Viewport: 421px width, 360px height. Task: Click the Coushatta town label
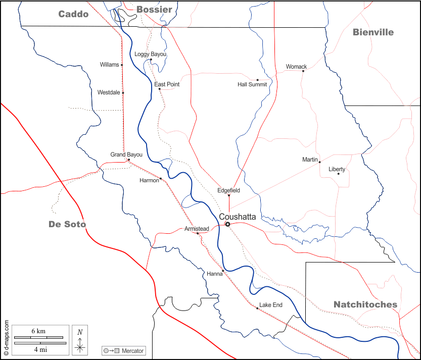[238, 217]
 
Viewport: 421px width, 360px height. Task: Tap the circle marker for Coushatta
[227, 224]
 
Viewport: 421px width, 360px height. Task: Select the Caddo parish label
[73, 14]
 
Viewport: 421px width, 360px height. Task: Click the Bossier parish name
[154, 10]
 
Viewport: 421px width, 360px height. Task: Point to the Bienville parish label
[373, 32]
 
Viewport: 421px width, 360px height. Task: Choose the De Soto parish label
[67, 224]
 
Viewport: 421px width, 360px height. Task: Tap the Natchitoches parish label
[365, 304]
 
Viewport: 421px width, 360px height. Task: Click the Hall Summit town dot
[257, 80]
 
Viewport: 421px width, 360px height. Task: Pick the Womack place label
[296, 67]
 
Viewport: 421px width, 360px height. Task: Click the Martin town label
[310, 160]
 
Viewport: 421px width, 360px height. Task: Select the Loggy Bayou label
[150, 54]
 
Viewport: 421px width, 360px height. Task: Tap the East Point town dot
[159, 89]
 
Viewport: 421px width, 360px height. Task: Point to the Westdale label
[109, 92]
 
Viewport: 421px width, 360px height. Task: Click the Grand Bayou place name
[126, 155]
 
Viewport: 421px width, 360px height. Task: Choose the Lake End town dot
[257, 308]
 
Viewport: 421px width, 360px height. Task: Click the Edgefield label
[228, 190]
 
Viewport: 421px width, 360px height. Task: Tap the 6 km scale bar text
[38, 331]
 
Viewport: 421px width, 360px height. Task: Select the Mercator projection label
[132, 351]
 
